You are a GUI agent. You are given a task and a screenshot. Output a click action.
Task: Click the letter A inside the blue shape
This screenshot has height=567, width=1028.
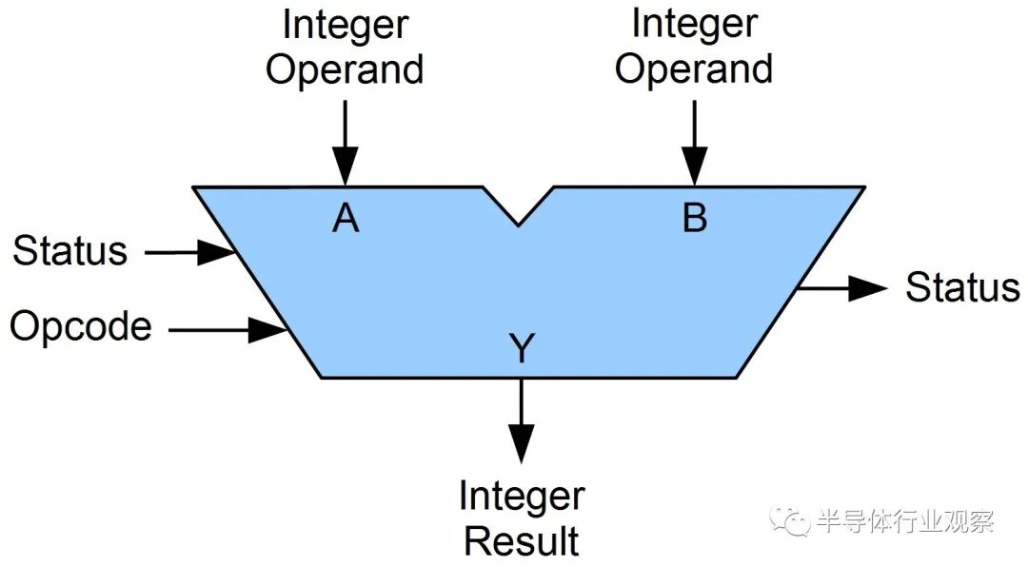pos(346,218)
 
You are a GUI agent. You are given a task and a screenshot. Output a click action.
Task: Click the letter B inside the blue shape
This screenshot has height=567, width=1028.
pos(695,218)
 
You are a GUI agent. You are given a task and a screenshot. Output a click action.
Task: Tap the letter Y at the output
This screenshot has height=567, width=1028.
pos(522,348)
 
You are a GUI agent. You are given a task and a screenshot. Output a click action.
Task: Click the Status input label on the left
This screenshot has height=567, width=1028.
pos(70,250)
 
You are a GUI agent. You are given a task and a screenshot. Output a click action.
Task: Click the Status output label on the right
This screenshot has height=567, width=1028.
pos(962,287)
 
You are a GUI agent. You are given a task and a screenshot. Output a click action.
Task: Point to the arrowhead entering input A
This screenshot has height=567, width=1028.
pos(346,166)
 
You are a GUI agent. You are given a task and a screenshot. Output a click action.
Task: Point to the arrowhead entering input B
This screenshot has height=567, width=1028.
pos(695,166)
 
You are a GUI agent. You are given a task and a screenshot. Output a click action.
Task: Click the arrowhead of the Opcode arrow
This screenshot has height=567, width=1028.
pos(268,329)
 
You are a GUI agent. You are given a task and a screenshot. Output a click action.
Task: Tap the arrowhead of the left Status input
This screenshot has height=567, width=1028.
pos(217,252)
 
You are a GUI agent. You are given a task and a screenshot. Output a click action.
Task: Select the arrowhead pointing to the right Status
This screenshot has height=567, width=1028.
pos(868,287)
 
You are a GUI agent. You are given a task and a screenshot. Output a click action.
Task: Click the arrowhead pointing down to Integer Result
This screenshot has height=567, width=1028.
pos(522,443)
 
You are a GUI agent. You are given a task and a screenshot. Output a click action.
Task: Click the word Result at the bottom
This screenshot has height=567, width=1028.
pos(522,540)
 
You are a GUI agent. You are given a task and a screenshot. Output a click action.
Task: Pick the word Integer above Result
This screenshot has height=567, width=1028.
pos(522,498)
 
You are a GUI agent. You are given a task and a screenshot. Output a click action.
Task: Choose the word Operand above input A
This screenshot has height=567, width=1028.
pos(345,70)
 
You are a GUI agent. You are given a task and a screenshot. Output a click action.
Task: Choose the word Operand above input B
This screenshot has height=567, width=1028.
pos(694,70)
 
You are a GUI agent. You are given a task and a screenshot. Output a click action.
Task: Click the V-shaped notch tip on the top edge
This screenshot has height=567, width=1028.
pos(518,225)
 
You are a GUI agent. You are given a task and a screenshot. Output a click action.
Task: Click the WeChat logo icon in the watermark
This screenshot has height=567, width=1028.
pos(791,521)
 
